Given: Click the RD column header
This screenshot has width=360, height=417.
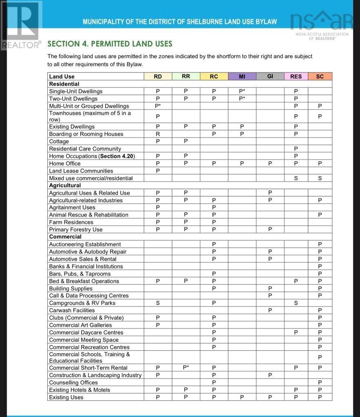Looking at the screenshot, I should click(x=158, y=77).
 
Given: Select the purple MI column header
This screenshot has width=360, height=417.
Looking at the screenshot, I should click(x=242, y=77).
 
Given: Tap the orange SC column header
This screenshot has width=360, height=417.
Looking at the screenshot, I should click(x=320, y=77).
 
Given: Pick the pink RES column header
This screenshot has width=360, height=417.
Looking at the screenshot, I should click(x=296, y=77).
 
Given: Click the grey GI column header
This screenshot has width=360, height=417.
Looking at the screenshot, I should click(x=270, y=77).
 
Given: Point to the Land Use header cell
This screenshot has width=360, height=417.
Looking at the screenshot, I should click(x=62, y=77).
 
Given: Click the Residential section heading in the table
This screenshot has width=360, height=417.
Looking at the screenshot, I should click(x=64, y=84).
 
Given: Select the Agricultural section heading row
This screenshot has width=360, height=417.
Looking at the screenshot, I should click(x=65, y=185).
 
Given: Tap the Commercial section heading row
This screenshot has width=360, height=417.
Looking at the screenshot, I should click(x=65, y=237).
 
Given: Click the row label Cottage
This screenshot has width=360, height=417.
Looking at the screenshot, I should click(x=59, y=141).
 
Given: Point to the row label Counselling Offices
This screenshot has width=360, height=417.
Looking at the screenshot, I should click(x=73, y=382).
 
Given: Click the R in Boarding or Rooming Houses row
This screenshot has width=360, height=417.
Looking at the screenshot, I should click(x=158, y=134).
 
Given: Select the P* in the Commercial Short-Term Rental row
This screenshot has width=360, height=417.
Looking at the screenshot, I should click(x=186, y=367).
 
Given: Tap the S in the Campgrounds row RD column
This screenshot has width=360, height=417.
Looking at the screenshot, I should click(x=158, y=303).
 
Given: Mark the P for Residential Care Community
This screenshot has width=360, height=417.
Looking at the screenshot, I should click(x=296, y=149).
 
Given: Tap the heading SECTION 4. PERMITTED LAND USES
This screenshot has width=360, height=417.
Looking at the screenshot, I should click(x=110, y=44).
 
